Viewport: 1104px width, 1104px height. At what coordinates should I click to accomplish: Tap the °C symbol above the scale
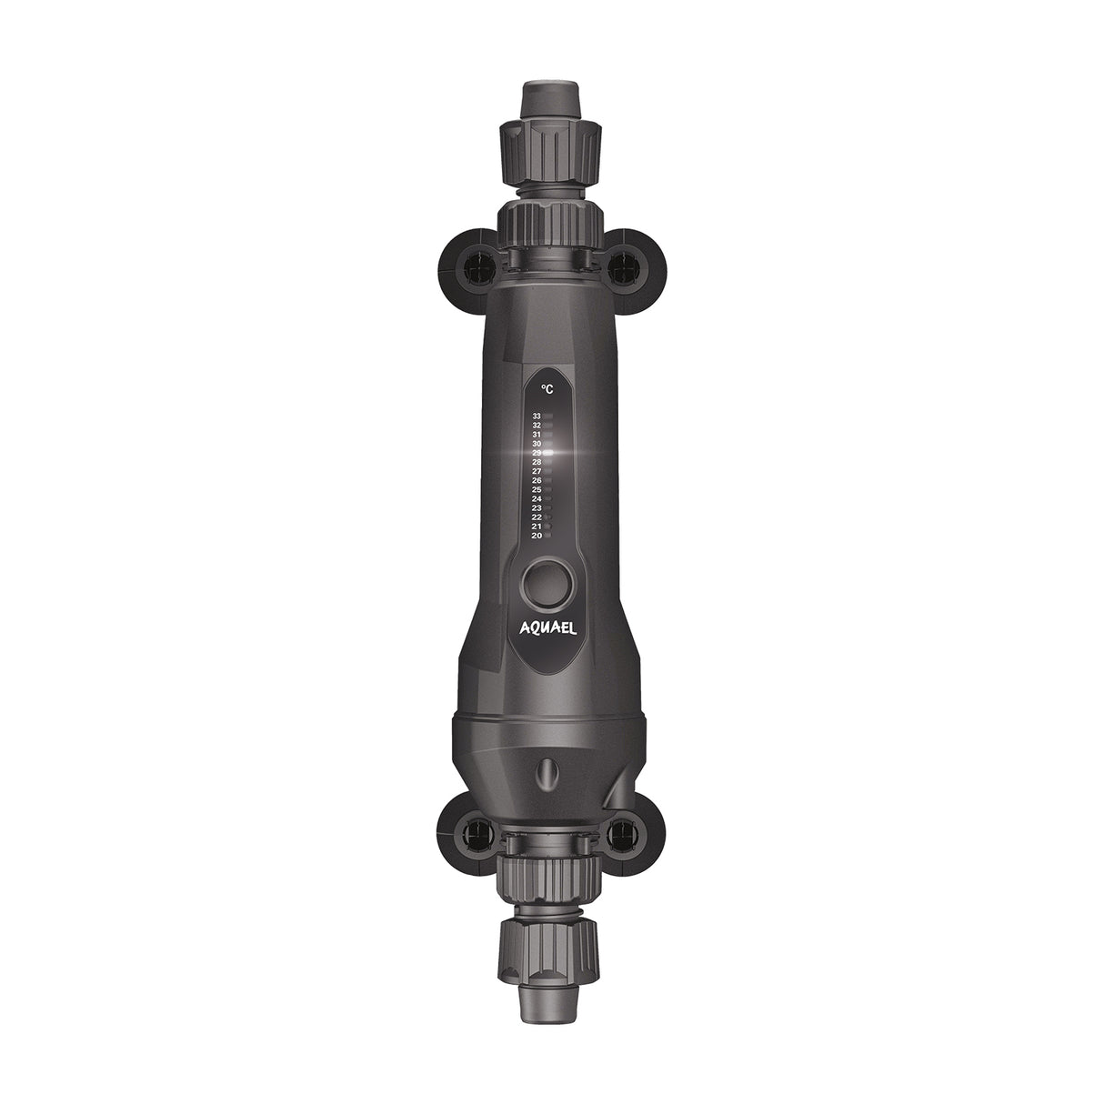tap(547, 388)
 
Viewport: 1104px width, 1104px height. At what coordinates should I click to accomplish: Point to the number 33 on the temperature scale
tap(537, 416)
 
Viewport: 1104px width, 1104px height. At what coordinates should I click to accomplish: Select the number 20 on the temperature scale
tap(537, 536)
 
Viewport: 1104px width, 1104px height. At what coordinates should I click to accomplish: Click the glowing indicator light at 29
tap(548, 452)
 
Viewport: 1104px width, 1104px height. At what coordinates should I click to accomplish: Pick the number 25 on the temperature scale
tap(537, 489)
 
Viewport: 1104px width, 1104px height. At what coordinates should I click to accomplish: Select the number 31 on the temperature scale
tap(537, 434)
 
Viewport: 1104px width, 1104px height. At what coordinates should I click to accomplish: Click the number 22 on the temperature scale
tap(537, 517)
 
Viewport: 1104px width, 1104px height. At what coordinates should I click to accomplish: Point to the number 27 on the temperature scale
tap(537, 471)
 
